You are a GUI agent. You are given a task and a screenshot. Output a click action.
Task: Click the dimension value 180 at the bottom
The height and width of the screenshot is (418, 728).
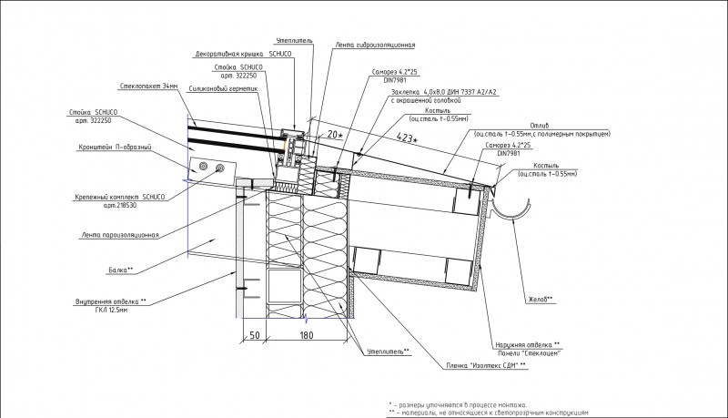(x=306, y=336)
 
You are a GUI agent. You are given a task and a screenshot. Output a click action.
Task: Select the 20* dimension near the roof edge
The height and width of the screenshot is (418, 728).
(x=336, y=134)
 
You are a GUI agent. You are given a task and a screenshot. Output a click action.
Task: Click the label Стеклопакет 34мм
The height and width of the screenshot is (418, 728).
(x=148, y=87)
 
